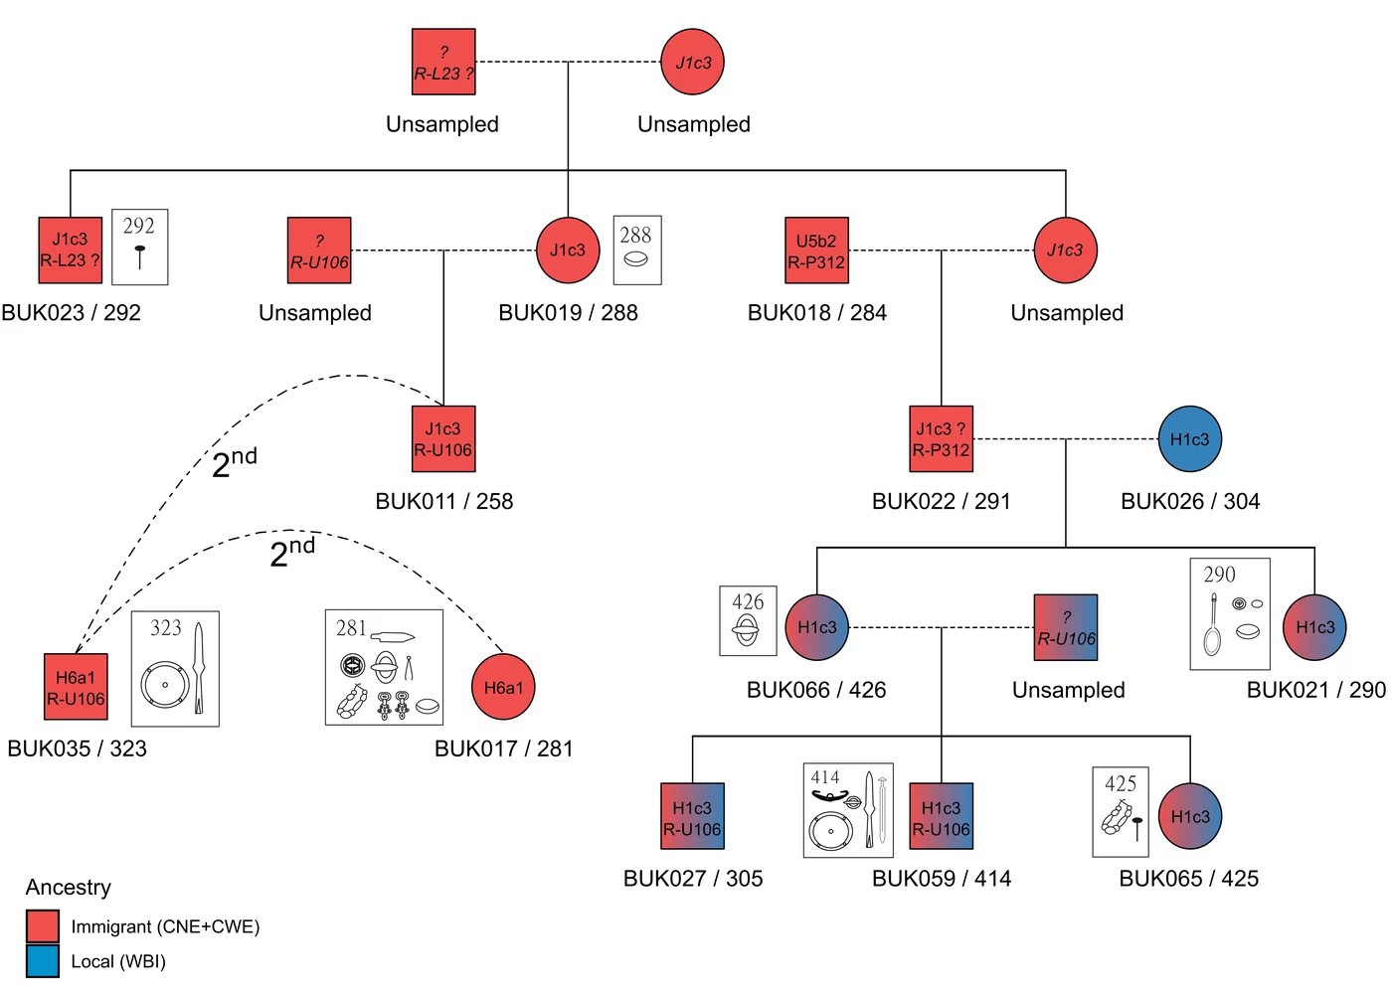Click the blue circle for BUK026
(x=1189, y=439)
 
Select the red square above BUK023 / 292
(x=71, y=250)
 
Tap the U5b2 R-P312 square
(x=816, y=250)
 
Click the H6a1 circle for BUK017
(x=503, y=687)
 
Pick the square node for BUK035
(x=76, y=687)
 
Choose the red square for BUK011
(x=443, y=439)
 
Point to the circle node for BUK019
(x=568, y=250)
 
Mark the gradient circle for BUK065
(x=1190, y=816)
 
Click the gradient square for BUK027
(x=692, y=816)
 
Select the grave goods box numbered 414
(x=848, y=810)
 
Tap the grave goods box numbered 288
(x=637, y=250)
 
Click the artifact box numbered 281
(x=384, y=667)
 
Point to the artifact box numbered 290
(x=1230, y=613)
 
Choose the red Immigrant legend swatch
(x=43, y=926)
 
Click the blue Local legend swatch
(x=43, y=961)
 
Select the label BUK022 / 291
(x=941, y=501)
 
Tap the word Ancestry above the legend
(x=69, y=887)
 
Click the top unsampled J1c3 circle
(x=693, y=63)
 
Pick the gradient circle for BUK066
(x=817, y=627)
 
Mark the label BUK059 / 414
(x=941, y=879)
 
